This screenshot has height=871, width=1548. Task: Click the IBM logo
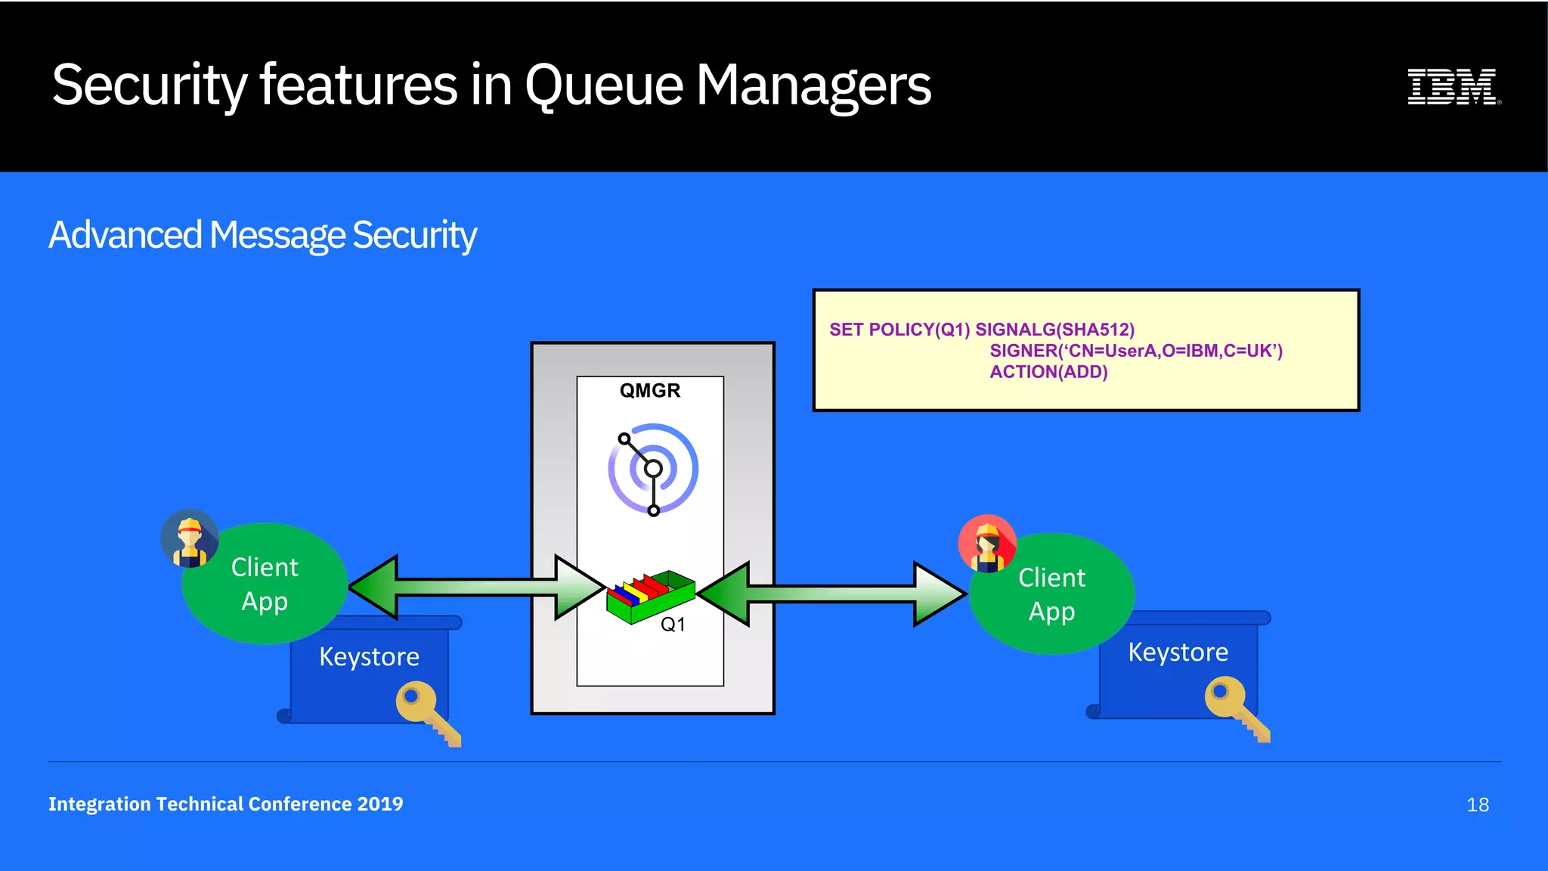click(x=1453, y=86)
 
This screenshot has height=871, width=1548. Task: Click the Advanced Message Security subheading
click(x=262, y=235)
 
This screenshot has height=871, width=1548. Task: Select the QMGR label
click(x=649, y=391)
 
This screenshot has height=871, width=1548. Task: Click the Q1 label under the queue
click(x=672, y=625)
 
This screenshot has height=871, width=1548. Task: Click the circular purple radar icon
click(x=653, y=469)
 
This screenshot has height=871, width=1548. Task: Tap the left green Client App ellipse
click(x=265, y=584)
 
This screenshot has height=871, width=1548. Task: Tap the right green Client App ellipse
click(x=1051, y=594)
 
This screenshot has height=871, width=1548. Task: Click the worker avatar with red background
click(x=986, y=544)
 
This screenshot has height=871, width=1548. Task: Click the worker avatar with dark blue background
click(x=190, y=538)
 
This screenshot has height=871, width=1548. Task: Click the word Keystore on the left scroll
click(x=369, y=657)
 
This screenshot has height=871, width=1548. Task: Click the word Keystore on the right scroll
click(x=1178, y=652)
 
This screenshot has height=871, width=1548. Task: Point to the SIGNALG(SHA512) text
click(x=1054, y=330)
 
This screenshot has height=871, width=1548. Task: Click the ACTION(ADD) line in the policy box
click(x=1048, y=372)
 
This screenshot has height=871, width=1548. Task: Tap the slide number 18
click(x=1477, y=805)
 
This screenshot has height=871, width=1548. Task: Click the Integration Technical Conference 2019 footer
click(x=225, y=804)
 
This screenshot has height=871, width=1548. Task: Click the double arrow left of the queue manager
click(x=476, y=587)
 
